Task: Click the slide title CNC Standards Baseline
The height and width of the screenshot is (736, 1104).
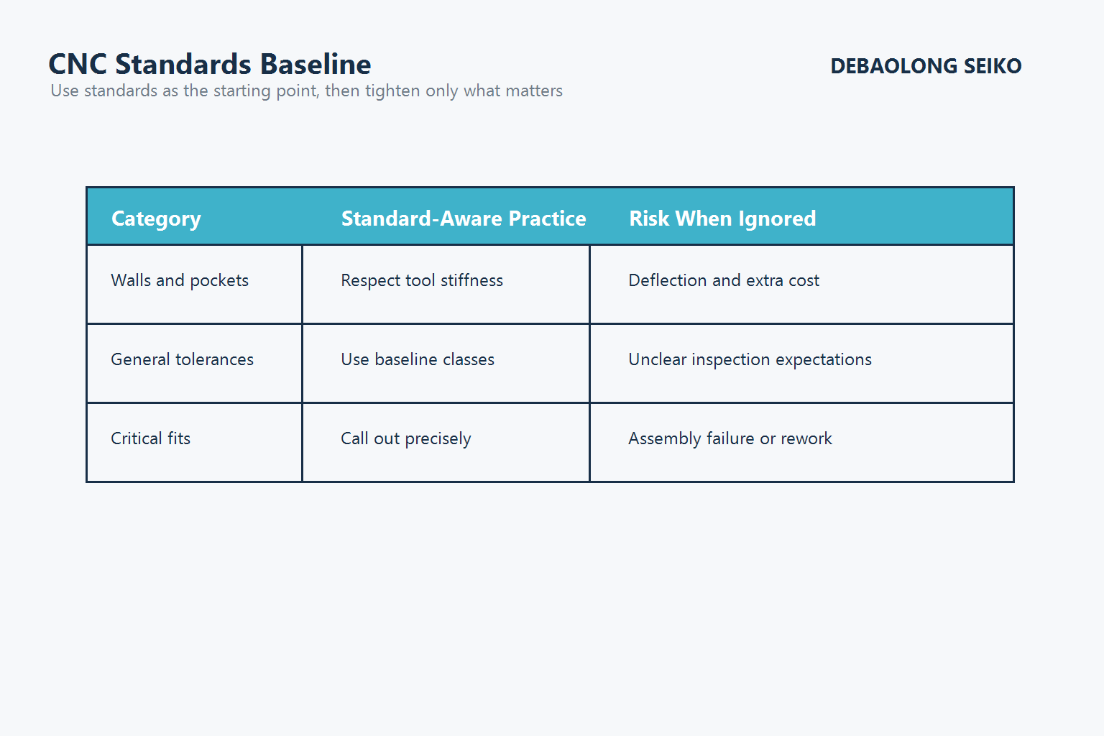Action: [209, 65]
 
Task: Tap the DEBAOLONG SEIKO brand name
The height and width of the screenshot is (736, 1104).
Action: [925, 66]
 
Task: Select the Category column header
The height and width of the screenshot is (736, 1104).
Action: [156, 218]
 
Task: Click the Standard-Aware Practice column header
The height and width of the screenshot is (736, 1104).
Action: [463, 218]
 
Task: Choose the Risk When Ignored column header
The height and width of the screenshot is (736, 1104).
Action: [722, 218]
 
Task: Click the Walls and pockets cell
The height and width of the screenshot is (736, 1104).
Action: [180, 281]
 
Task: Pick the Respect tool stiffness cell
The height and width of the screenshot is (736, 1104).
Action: [421, 281]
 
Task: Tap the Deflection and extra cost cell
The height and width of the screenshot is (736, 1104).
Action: [723, 281]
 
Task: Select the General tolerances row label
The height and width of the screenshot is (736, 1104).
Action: [182, 359]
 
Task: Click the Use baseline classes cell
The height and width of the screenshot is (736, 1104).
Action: [417, 359]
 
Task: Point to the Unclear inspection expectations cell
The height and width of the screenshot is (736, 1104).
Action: [750, 359]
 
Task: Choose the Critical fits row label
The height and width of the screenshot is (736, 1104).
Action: [150, 438]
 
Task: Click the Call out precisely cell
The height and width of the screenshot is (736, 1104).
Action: [405, 438]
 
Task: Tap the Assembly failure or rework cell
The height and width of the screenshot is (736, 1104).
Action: [730, 438]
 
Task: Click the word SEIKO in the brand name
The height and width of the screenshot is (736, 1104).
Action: [992, 66]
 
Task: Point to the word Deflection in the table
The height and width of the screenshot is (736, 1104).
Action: [668, 281]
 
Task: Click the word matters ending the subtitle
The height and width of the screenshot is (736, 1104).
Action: [533, 91]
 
